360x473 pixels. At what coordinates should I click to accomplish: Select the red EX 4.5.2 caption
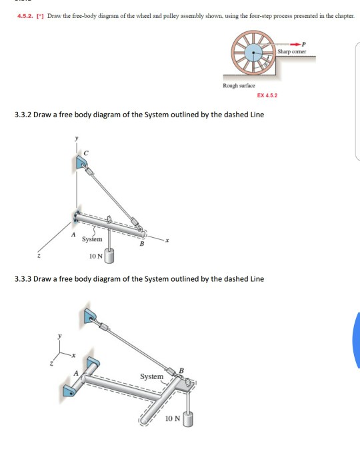tap(267, 97)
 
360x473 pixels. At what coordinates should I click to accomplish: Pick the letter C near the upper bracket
tap(84, 153)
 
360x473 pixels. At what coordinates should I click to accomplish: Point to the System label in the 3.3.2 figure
tap(92, 238)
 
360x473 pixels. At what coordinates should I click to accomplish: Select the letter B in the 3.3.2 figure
tap(140, 244)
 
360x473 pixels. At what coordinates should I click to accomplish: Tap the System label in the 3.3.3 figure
tap(151, 376)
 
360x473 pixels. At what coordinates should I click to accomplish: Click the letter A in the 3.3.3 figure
tap(76, 372)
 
